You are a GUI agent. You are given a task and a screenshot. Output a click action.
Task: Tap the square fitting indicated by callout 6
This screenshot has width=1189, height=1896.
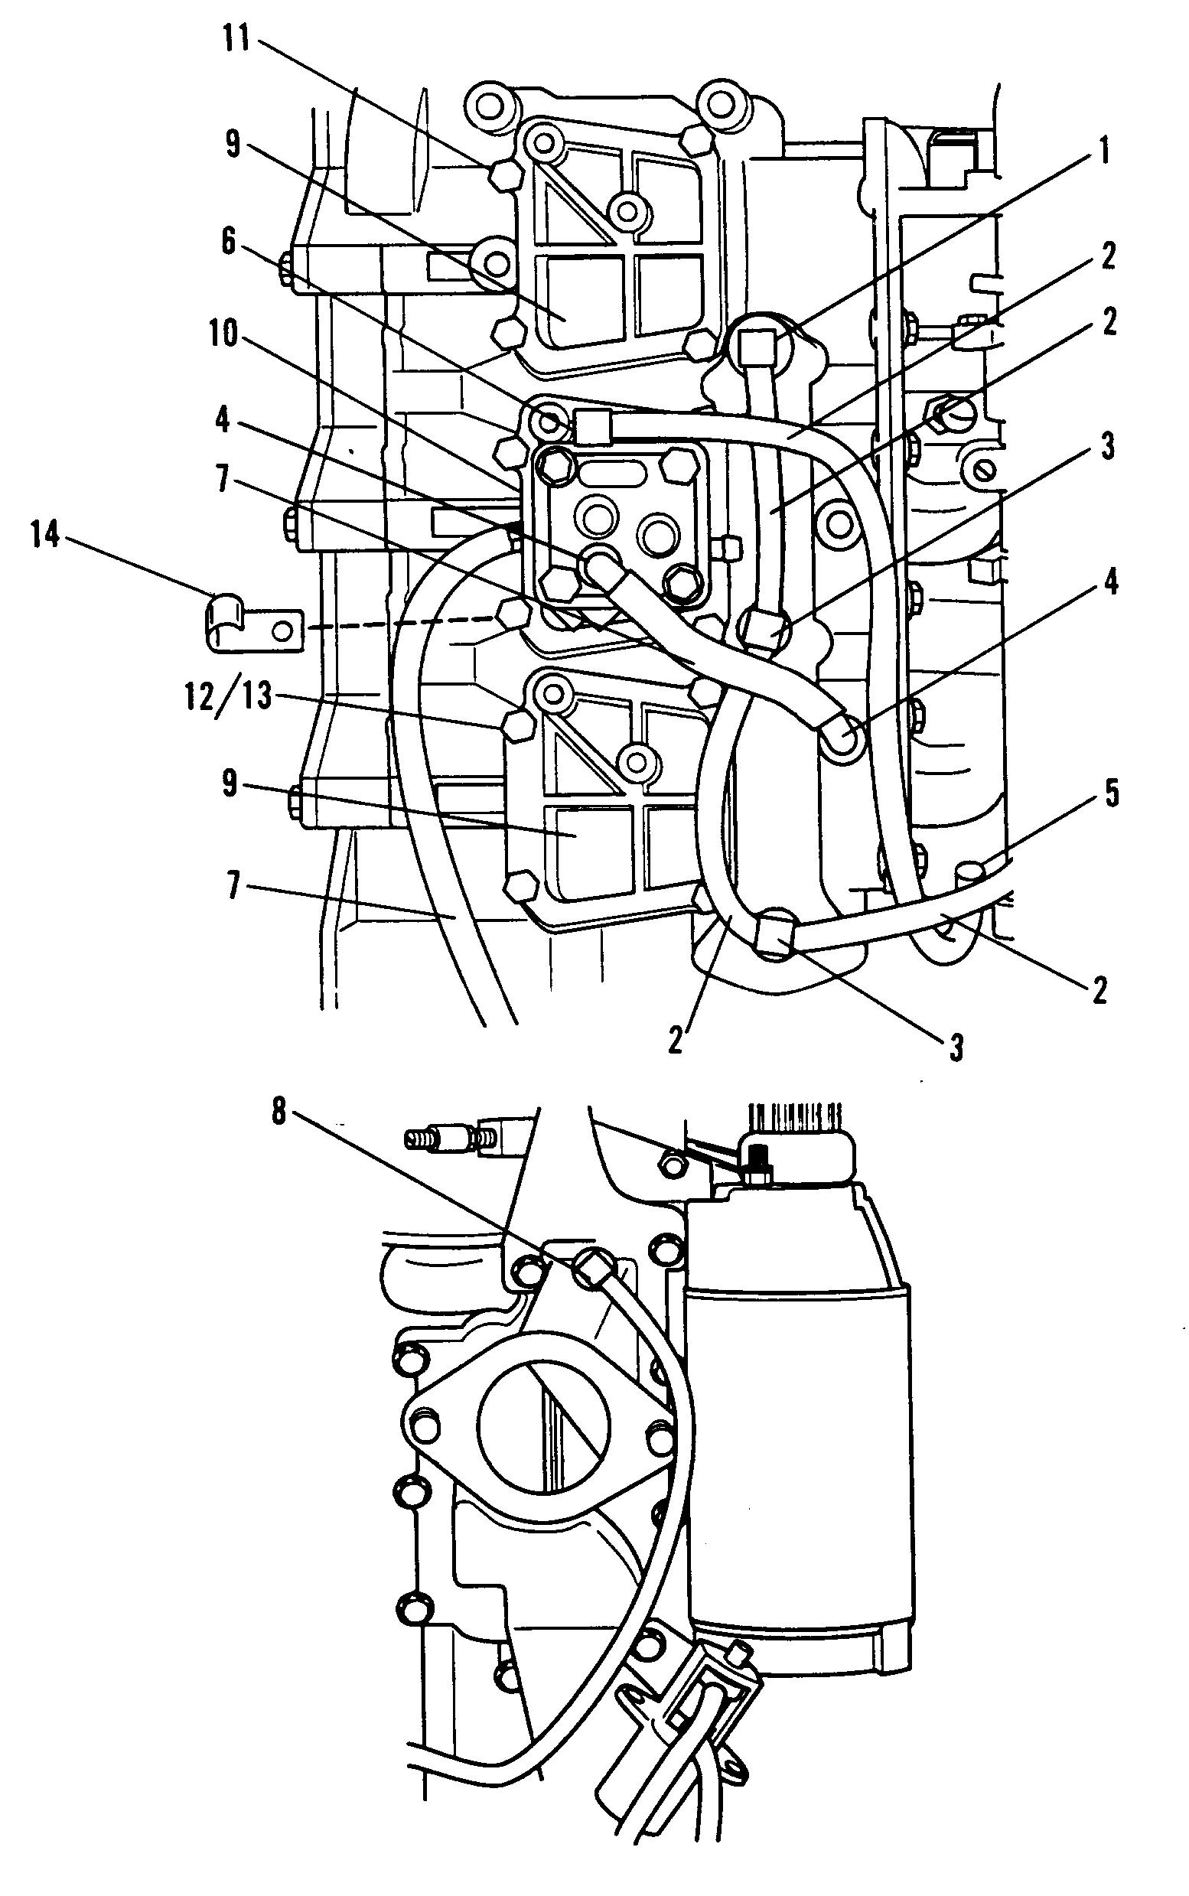pyautogui.click(x=593, y=426)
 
